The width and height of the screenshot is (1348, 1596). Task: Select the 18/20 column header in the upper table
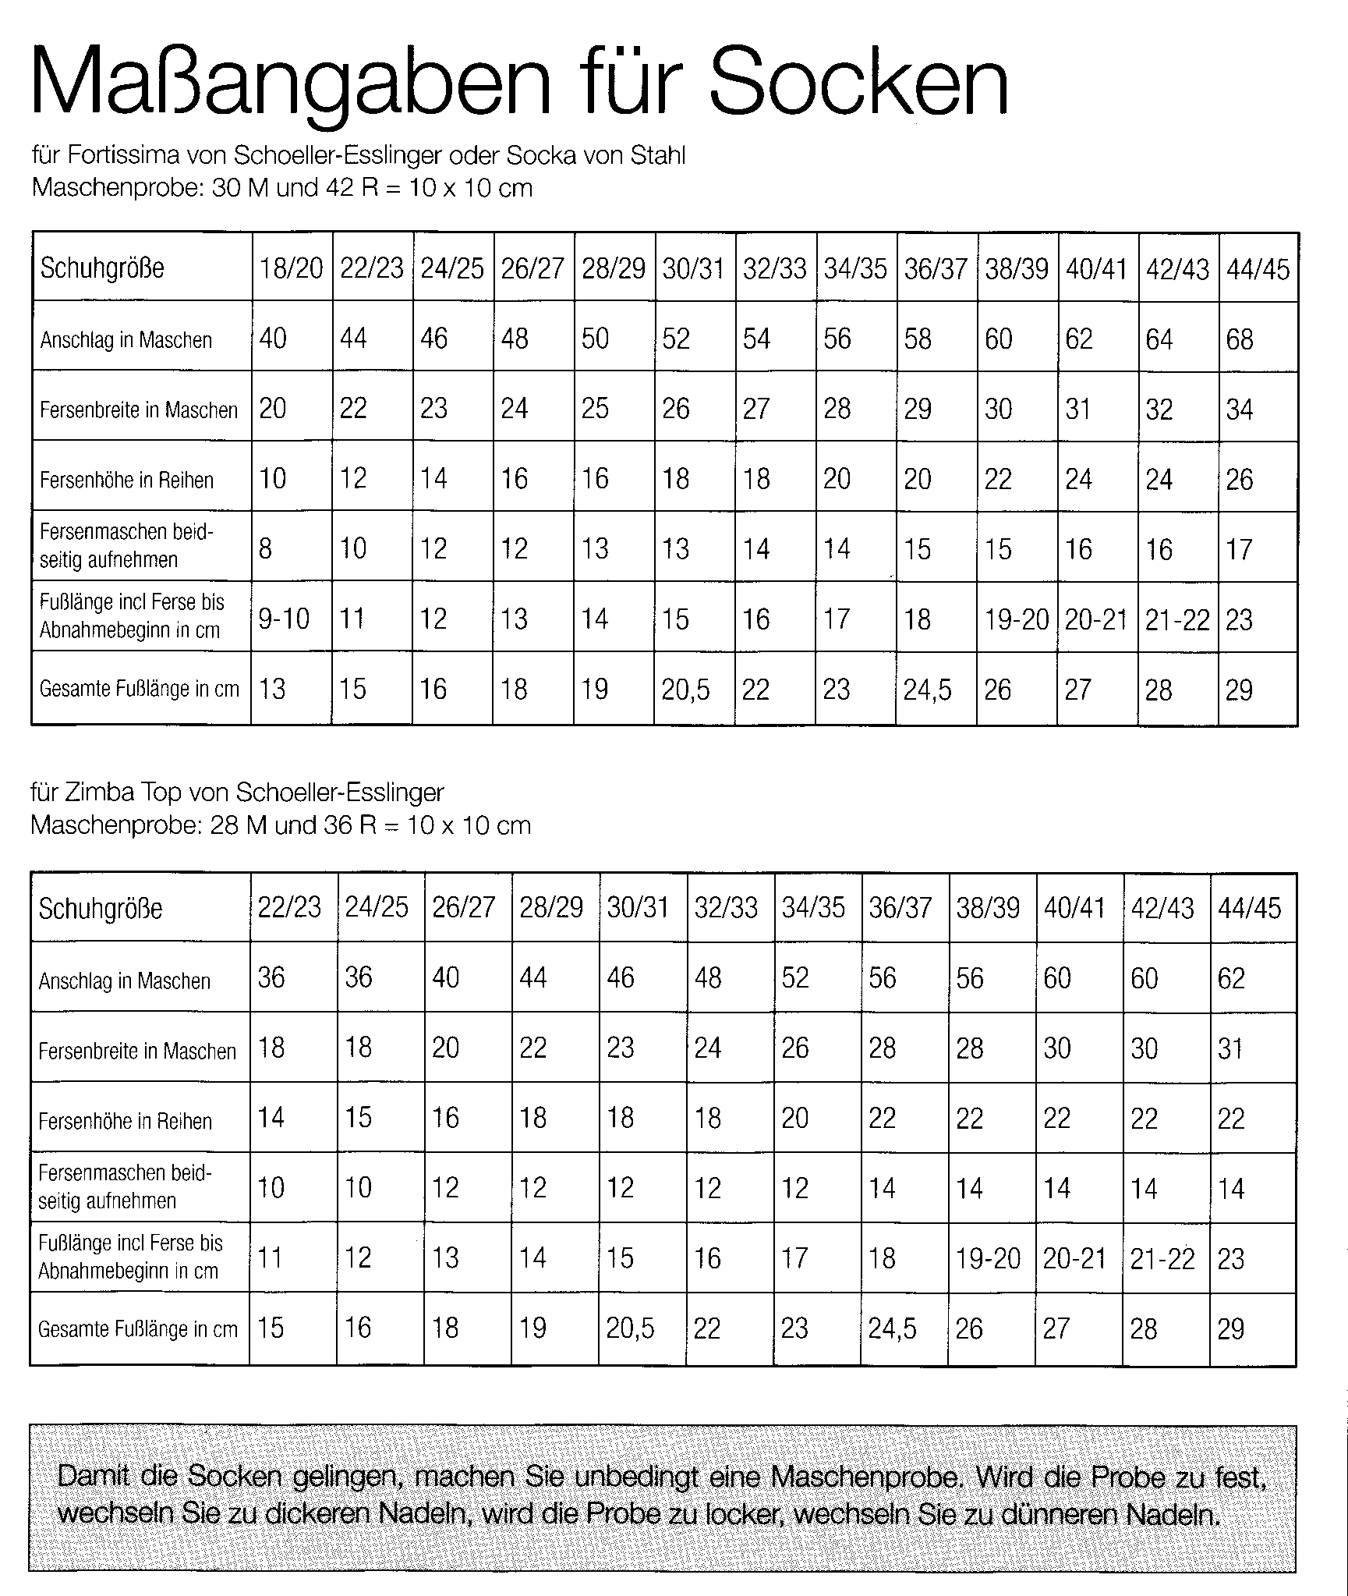tap(291, 268)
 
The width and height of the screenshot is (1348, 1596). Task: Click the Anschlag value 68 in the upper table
tap(1240, 339)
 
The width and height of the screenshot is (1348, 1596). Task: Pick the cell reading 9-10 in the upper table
tap(284, 619)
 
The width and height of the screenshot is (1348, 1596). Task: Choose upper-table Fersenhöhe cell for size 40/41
tap(1078, 479)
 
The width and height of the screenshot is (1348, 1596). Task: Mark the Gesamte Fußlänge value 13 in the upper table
tap(272, 689)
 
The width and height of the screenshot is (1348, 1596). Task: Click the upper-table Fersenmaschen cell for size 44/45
tap(1239, 549)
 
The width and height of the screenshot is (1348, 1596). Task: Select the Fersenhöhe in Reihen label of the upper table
tap(126, 480)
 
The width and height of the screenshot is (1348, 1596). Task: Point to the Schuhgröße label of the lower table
tap(101, 909)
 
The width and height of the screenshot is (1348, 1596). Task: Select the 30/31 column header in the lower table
tap(638, 908)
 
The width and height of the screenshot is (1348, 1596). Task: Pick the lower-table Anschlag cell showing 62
tap(1231, 978)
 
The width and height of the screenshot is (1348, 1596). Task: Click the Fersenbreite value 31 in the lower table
tap(1230, 1048)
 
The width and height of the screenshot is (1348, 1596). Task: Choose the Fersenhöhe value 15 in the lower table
tap(358, 1118)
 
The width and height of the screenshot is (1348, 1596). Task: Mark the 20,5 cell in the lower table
tap(630, 1328)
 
